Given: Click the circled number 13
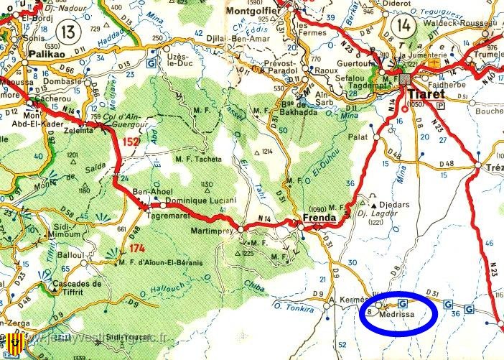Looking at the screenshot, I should pos(69,31).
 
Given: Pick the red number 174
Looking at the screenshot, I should pos(139,248).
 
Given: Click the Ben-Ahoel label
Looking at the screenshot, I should pos(151,193).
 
